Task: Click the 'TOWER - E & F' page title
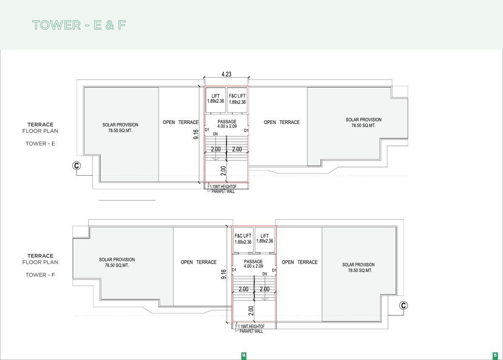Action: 79,25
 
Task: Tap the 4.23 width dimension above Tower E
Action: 226,74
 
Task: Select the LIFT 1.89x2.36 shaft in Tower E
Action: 215,100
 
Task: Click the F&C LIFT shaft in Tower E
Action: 237,100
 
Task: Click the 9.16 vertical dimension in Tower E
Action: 196,134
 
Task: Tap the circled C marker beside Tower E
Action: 77,166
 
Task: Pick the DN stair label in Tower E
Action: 215,134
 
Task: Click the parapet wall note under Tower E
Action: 223,189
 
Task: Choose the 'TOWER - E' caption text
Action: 40,143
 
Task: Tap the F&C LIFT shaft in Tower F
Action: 243,240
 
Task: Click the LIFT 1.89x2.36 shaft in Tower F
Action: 265,240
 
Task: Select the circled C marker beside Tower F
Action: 403,306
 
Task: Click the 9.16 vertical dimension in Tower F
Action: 224,274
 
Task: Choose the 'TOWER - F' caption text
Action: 40,275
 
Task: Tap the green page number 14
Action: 244,355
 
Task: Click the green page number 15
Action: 495,355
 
